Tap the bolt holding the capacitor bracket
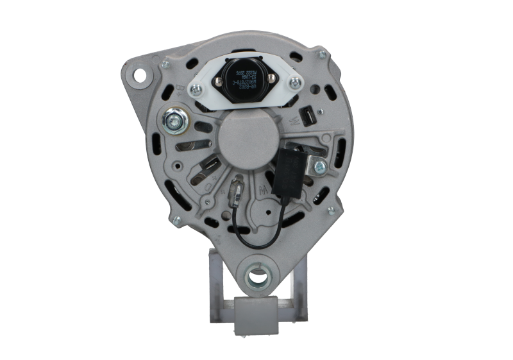(x=319, y=167)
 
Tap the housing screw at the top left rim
(x=166, y=65)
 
